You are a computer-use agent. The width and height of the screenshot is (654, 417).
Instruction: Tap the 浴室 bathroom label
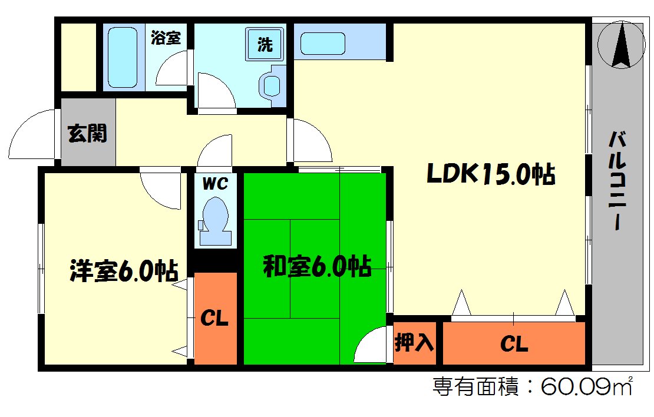tap(166, 39)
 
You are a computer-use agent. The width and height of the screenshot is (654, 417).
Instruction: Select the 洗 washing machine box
tap(265, 44)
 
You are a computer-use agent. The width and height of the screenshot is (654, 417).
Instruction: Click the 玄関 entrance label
tap(88, 134)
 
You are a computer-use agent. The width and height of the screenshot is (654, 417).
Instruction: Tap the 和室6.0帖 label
tap(316, 267)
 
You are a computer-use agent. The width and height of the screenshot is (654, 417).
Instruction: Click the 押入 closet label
tap(415, 342)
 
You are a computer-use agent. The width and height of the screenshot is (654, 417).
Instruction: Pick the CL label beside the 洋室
tap(214, 319)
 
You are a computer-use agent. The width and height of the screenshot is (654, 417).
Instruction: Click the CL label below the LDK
tap(514, 343)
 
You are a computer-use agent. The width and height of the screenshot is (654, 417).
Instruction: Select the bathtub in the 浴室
tap(123, 57)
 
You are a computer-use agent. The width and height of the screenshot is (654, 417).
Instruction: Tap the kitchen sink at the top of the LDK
tap(322, 43)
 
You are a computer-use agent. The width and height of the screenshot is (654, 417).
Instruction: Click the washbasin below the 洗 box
tap(272, 85)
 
